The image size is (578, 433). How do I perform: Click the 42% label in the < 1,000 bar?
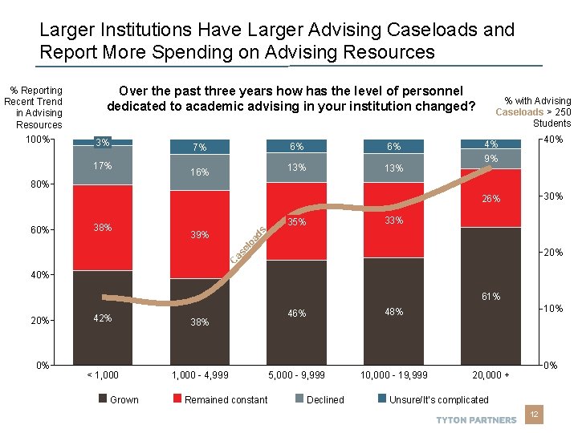[x=103, y=318]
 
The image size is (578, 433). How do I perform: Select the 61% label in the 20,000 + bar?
[x=490, y=297]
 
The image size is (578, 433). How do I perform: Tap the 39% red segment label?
[x=199, y=235]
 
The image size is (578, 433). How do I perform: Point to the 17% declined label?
[x=103, y=166]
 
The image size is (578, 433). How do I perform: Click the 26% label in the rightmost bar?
[x=490, y=199]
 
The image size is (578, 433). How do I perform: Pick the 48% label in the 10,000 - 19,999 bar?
[x=393, y=311]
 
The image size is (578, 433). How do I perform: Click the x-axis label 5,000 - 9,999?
[x=296, y=374]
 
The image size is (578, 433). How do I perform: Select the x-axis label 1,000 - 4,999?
[x=199, y=374]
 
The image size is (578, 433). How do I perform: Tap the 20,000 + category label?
[x=490, y=374]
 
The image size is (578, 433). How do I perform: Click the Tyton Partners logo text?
[x=476, y=420]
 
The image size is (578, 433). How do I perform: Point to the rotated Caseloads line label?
[x=249, y=246]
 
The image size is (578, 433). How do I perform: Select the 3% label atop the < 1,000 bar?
[x=103, y=143]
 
